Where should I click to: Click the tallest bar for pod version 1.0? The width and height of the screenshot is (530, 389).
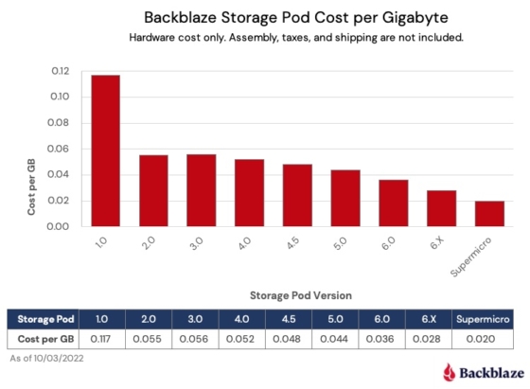(x=105, y=150)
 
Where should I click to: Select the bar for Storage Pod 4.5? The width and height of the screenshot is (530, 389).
(x=297, y=195)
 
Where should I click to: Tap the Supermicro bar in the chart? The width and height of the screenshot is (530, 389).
(x=489, y=213)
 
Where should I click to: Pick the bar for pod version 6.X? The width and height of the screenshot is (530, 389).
(x=441, y=208)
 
